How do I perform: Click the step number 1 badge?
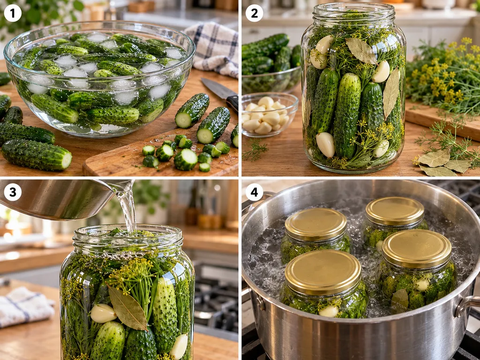13,13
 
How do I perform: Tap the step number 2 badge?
254,13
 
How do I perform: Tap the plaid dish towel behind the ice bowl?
214,49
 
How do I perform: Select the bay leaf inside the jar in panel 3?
127,307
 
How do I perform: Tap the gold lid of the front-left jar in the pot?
322,271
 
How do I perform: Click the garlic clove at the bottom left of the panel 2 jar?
325,144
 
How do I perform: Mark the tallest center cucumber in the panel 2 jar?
347,115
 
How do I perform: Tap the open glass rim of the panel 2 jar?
353,11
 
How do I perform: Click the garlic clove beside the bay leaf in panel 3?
103,313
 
